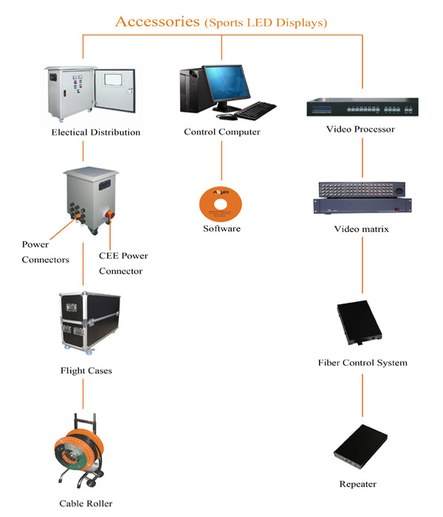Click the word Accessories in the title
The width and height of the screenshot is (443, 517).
[x=158, y=21]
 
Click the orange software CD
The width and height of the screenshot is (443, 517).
[x=221, y=201]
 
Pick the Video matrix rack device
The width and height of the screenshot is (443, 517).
[x=362, y=199]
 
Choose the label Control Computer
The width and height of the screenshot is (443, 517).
[x=221, y=132]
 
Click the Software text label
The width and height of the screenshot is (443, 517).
[x=221, y=229]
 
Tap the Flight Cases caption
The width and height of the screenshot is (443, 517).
[x=86, y=370]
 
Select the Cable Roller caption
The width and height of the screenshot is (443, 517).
[x=86, y=504]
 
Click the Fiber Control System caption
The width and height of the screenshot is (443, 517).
[x=362, y=363]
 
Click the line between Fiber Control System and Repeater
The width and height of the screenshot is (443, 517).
[x=362, y=395]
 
